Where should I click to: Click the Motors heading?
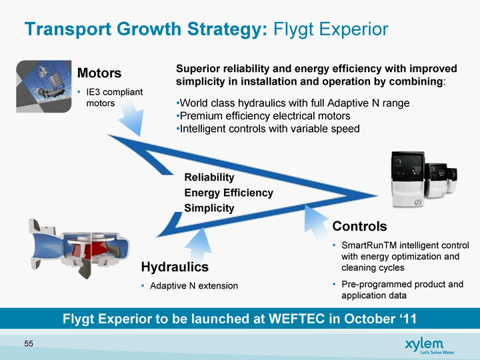pyautogui.click(x=99, y=73)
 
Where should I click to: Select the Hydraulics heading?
pyautogui.click(x=175, y=267)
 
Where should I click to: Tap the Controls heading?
pyautogui.click(x=360, y=226)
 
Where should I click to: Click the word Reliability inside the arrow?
pyautogui.click(x=209, y=177)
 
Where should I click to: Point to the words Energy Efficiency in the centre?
pyautogui.click(x=229, y=193)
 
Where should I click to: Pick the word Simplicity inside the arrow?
pyautogui.click(x=209, y=208)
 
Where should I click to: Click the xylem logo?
pyautogui.click(x=429, y=346)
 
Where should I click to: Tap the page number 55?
pyautogui.click(x=29, y=344)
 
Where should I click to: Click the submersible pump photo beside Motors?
pyautogui.click(x=44, y=86)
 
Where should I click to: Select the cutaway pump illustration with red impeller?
pyautogui.click(x=79, y=249)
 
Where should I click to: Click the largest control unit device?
pyautogui.click(x=408, y=179)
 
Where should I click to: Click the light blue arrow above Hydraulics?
pyautogui.click(x=199, y=244)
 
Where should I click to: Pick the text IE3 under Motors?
pyautogui.click(x=93, y=92)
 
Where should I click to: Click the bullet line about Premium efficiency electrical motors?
pyautogui.click(x=263, y=116)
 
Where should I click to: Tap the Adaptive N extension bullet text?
pyautogui.click(x=194, y=286)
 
